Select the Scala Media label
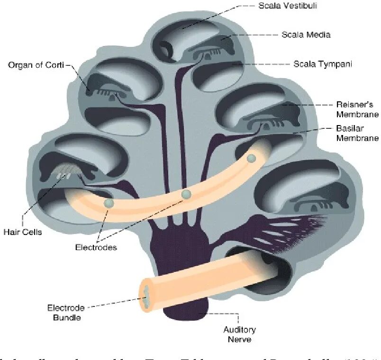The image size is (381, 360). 306,35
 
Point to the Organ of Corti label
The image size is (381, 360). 36,65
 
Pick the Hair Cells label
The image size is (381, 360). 22,232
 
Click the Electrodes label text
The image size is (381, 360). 96,247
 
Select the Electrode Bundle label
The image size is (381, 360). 65,312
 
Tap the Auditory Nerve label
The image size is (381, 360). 239,334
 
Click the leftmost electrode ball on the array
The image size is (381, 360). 109,203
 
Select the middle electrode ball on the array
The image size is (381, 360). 186,194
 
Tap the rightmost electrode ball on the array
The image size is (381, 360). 251,158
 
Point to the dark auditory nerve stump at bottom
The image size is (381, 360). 185,308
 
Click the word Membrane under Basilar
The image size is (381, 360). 357,138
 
